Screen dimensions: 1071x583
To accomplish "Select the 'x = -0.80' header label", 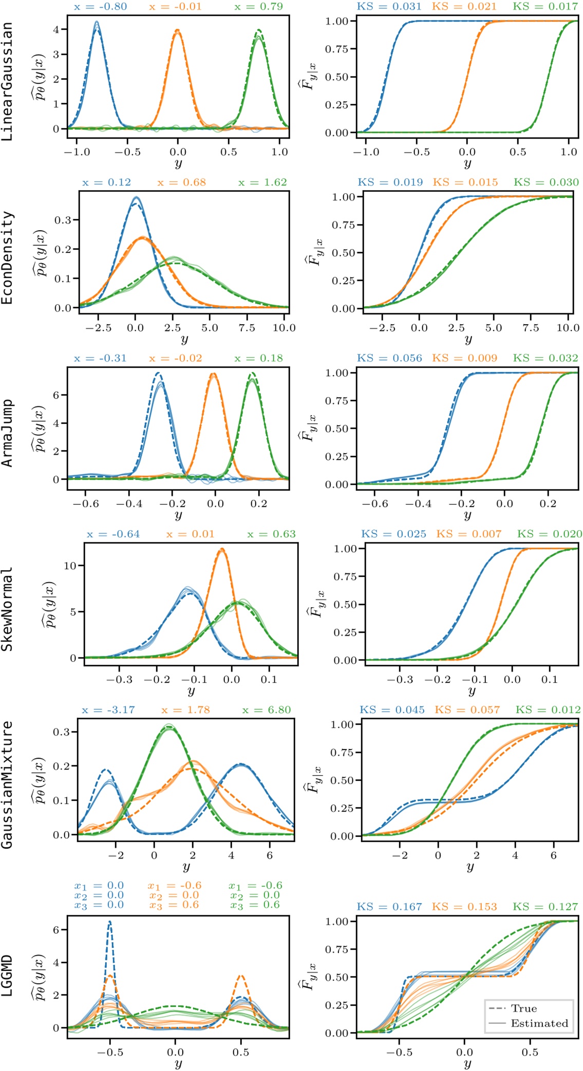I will pyautogui.click(x=101, y=7).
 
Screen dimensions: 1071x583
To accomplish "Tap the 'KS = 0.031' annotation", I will pyautogui.click(x=389, y=7).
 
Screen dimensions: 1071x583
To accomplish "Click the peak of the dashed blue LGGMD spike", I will pyautogui.click(x=109, y=923).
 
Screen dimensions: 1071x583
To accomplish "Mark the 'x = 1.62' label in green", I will pyautogui.click(x=262, y=182).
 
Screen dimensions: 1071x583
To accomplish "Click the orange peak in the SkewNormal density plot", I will pyautogui.click(x=221, y=549).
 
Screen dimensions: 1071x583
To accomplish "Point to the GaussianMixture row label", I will pyautogui.click(x=7, y=784).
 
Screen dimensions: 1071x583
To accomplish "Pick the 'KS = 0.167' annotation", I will pyautogui.click(x=389, y=907).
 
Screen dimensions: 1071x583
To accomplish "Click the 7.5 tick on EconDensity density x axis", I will pyautogui.click(x=247, y=328).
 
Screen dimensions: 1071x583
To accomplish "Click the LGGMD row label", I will pyautogui.click(x=7, y=976).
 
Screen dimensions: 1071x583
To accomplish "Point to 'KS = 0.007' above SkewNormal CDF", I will pyautogui.click(x=468, y=534).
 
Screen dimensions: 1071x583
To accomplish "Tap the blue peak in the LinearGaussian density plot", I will pyautogui.click(x=96, y=23).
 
